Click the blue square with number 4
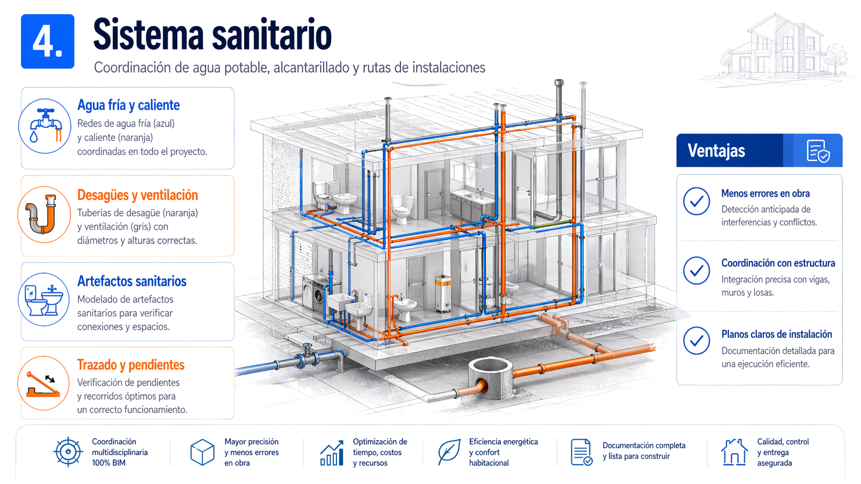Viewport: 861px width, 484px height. [x=48, y=42]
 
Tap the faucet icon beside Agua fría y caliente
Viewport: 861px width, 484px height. [x=45, y=126]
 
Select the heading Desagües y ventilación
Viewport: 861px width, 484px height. [x=137, y=195]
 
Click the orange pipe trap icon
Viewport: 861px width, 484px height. [x=42, y=214]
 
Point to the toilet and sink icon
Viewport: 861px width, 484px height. [x=43, y=300]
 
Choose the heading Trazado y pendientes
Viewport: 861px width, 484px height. [x=131, y=365]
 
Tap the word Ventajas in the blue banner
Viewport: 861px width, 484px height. [x=716, y=151]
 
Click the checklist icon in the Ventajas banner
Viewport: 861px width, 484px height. [x=818, y=151]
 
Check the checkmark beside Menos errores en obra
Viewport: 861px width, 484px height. [x=697, y=201]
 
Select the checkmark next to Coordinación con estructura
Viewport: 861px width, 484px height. [x=697, y=271]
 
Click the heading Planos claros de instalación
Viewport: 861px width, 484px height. [x=777, y=334]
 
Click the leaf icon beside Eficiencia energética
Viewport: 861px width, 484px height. [x=449, y=452]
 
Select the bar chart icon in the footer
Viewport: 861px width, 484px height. [x=332, y=453]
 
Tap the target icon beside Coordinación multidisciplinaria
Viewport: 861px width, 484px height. [x=68, y=452]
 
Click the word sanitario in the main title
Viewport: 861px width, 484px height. [x=271, y=35]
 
